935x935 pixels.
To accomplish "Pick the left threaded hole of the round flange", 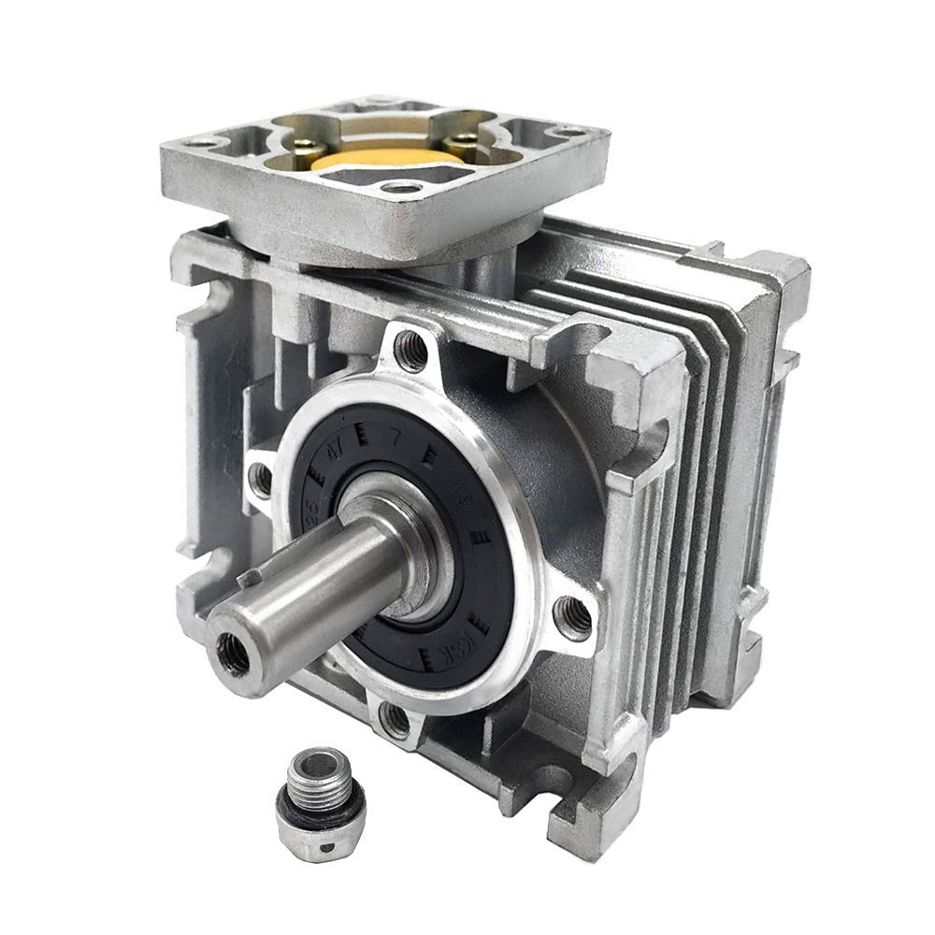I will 263,479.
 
